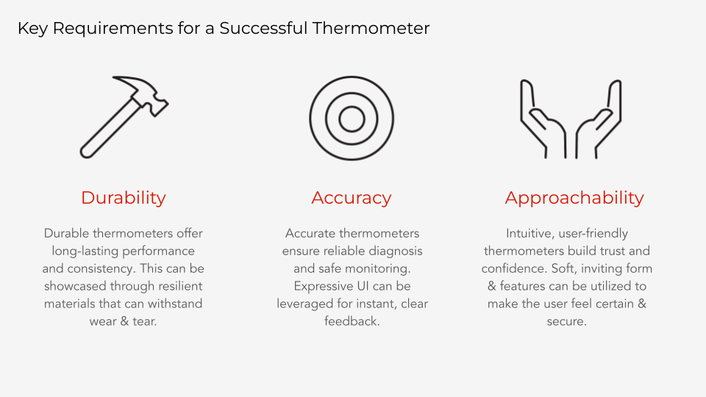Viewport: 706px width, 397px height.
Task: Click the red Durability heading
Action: (x=124, y=198)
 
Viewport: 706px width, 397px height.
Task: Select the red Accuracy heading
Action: (x=352, y=198)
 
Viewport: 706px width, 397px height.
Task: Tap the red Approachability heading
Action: (x=574, y=198)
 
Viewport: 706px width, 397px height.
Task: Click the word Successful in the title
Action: (x=263, y=29)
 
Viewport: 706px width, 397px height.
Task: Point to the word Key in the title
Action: (x=32, y=29)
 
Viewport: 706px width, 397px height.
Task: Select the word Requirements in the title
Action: (x=113, y=29)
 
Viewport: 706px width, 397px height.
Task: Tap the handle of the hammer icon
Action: (x=110, y=129)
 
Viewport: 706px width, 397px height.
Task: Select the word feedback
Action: (x=352, y=321)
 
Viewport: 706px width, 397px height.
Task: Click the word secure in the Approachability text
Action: (x=566, y=322)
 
